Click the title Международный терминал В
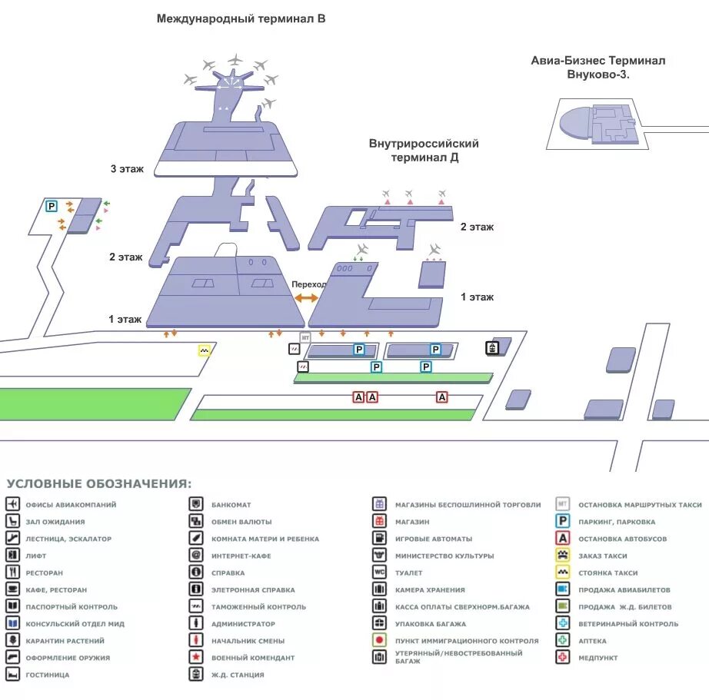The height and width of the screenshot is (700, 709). pyautogui.click(x=241, y=18)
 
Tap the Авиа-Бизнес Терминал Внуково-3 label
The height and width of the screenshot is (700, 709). pyautogui.click(x=597, y=67)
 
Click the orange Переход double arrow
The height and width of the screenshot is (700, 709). pyautogui.click(x=306, y=297)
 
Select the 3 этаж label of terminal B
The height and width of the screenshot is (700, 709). pyautogui.click(x=127, y=168)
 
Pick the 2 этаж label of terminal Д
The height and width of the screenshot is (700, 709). pyautogui.click(x=477, y=227)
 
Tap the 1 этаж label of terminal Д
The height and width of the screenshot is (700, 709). pyautogui.click(x=477, y=297)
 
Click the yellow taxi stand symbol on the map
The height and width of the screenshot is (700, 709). pyautogui.click(x=205, y=350)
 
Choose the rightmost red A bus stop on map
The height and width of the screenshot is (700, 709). pyautogui.click(x=441, y=396)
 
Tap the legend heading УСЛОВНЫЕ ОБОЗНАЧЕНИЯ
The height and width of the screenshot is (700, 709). pyautogui.click(x=99, y=484)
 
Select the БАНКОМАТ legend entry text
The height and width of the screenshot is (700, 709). pyautogui.click(x=231, y=505)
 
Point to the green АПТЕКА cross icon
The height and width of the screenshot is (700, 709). pyautogui.click(x=563, y=641)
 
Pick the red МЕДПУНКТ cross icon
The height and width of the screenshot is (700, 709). pyautogui.click(x=563, y=658)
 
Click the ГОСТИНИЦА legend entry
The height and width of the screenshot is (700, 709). pyautogui.click(x=47, y=675)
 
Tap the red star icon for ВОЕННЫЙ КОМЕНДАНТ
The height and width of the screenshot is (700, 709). pyautogui.click(x=197, y=658)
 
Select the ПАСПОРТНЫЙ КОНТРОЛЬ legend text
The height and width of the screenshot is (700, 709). pyautogui.click(x=71, y=607)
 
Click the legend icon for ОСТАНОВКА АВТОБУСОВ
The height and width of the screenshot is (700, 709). pyautogui.click(x=563, y=539)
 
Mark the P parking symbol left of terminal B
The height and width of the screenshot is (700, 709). pyautogui.click(x=52, y=206)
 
